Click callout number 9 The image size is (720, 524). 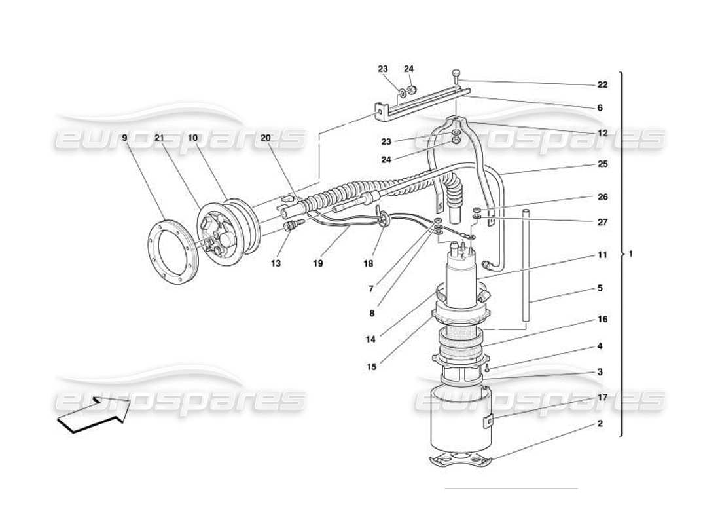pos(124,138)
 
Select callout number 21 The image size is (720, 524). pos(158,138)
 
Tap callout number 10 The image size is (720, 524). pos(192,138)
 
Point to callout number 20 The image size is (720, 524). pos(265,138)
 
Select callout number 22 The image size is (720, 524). pos(602,84)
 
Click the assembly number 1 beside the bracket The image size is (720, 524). pos(630,253)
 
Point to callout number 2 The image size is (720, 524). pos(600,423)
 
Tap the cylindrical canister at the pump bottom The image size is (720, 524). pos(458,419)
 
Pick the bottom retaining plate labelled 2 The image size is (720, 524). pos(462,461)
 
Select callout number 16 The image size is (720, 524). pos(602,320)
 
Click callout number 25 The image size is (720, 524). pos(602,164)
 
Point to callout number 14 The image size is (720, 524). pos(372,340)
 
